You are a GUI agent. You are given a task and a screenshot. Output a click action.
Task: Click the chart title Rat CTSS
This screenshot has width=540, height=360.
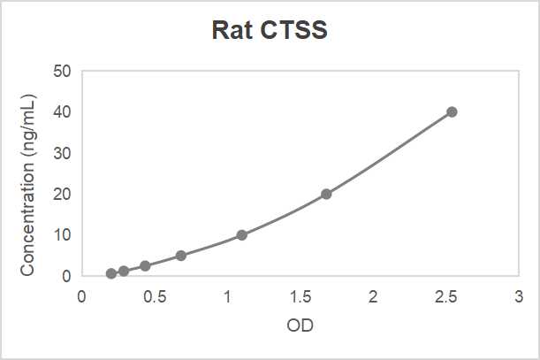click(270, 31)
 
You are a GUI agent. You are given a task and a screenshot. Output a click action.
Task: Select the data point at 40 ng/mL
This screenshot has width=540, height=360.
click(452, 111)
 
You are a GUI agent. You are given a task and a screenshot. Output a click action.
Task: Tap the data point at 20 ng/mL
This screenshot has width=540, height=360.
click(326, 194)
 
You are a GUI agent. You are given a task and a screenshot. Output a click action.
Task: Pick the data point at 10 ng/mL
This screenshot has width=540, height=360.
click(241, 235)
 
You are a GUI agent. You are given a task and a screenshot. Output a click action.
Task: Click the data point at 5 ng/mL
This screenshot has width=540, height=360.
click(180, 256)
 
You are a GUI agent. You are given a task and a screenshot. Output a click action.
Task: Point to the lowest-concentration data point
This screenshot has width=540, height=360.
click(111, 273)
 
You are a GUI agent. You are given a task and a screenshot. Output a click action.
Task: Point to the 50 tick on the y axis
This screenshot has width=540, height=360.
click(62, 71)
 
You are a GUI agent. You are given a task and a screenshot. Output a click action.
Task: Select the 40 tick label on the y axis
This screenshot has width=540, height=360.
click(62, 112)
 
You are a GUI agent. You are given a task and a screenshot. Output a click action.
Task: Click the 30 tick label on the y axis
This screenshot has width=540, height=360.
click(62, 153)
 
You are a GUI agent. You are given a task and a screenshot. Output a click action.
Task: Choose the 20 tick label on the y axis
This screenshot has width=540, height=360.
click(62, 195)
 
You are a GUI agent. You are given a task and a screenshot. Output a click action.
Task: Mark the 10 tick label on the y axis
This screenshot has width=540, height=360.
click(62, 235)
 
